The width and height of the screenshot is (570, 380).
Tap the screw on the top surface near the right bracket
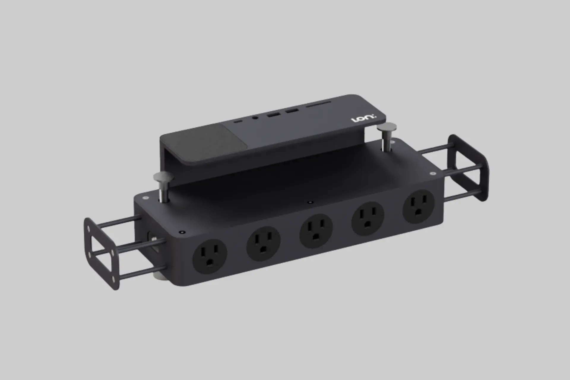pyautogui.click(x=433, y=172)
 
